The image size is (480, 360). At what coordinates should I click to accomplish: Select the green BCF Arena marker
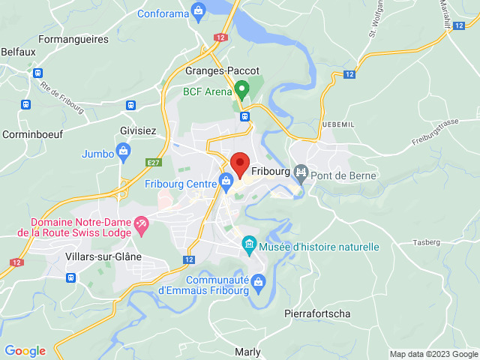coord(241,90)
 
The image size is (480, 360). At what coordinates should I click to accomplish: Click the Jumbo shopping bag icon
coord(122,154)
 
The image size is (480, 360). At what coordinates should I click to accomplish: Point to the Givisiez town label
coord(138,130)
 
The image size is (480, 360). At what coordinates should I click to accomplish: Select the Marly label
coord(247,352)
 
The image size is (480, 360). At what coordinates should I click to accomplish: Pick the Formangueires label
coord(73,39)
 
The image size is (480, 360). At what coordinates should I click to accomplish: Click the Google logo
coord(25,351)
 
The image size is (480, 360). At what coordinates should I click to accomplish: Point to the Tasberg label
coord(427,243)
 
